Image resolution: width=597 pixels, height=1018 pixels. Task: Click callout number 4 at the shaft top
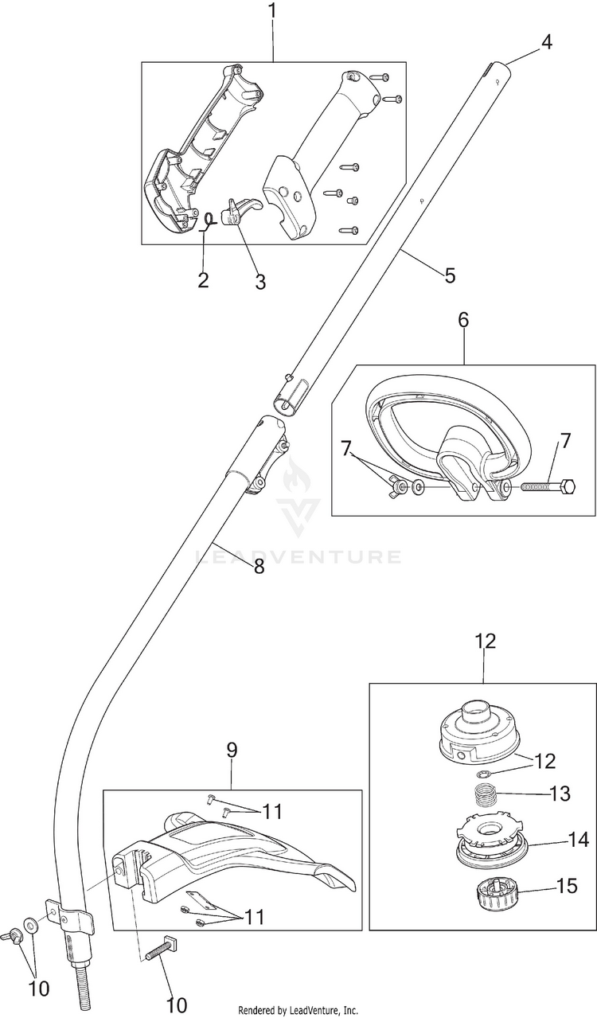[x=547, y=42]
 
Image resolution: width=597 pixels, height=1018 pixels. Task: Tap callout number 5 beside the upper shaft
[x=450, y=275]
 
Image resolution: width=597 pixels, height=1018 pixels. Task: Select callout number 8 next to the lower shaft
[x=259, y=567]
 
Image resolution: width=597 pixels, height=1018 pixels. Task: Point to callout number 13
[x=560, y=794]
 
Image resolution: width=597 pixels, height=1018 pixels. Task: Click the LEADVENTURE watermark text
[x=298, y=557]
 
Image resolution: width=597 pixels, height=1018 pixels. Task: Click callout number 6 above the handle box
[x=463, y=320]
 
